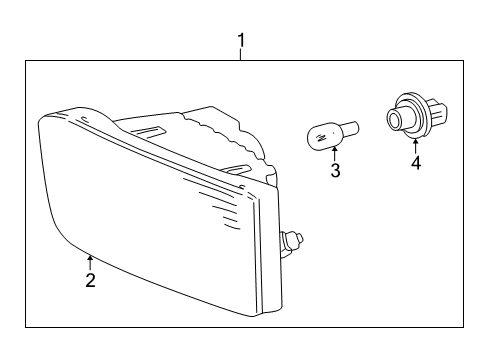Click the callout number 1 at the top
(240, 40)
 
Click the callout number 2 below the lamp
(90, 281)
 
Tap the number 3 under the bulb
(335, 171)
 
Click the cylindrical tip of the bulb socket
(392, 120)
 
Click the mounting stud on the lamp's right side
(293, 240)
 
